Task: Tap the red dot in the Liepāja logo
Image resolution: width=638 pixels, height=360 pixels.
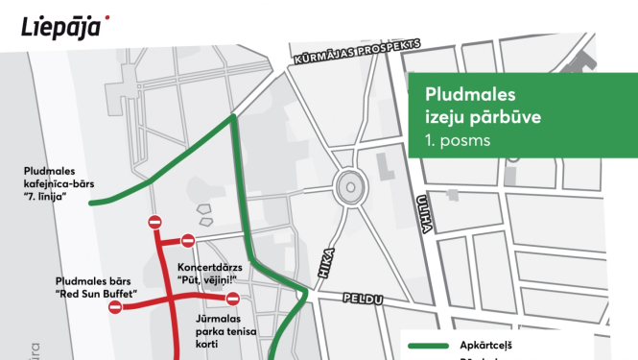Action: click(106, 17)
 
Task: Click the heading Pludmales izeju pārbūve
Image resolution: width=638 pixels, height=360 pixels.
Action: click(484, 107)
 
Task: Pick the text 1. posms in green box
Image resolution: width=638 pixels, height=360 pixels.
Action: click(458, 140)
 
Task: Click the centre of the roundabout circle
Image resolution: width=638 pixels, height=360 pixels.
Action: click(349, 185)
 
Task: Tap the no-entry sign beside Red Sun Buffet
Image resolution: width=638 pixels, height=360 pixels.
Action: click(115, 308)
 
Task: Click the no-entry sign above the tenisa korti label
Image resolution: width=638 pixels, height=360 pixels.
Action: click(232, 298)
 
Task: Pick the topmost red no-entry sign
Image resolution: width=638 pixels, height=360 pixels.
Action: click(154, 223)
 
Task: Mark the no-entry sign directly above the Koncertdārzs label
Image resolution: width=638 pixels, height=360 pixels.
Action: click(188, 241)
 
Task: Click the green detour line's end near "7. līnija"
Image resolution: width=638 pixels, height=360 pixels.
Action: click(91, 204)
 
